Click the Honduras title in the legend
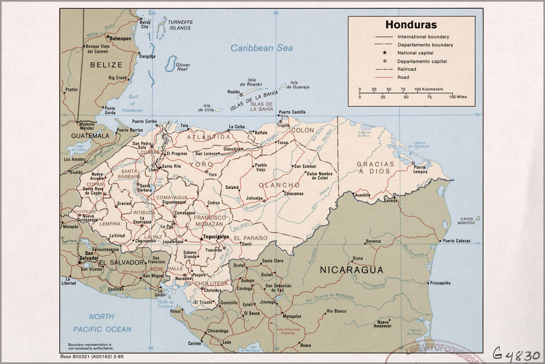410,25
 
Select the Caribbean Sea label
261,48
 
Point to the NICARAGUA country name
351,270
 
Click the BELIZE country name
106,66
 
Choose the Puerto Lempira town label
420,170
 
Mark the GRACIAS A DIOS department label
375,167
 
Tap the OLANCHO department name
279,185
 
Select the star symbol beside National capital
385,53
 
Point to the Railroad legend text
407,69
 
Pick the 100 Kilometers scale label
429,89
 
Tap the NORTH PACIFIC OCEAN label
102,323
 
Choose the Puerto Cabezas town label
456,241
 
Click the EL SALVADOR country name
121,263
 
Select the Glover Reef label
183,67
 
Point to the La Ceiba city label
236,126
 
